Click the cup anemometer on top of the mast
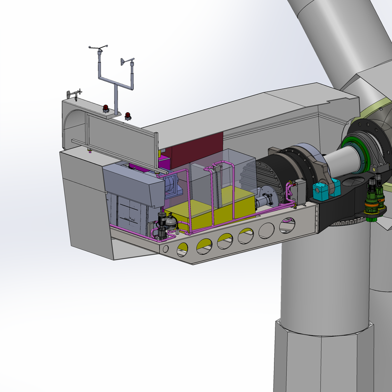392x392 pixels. coord(100,48)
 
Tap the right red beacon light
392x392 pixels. coord(128,116)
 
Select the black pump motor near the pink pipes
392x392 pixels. coord(163,219)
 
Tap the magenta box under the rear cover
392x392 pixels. coord(165,162)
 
